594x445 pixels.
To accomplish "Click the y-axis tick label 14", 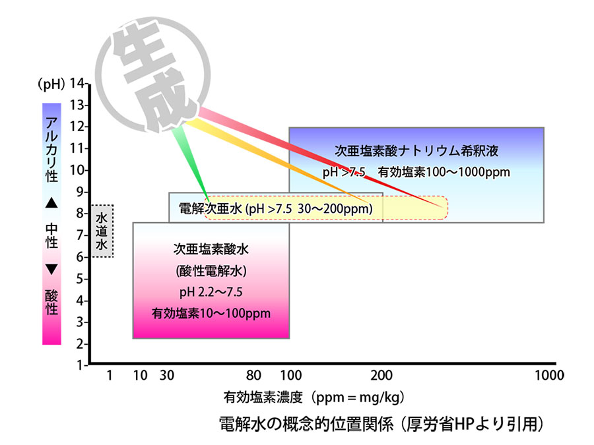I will pyautogui.click(x=79, y=84).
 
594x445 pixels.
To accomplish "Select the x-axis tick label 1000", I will pyautogui.click(x=548, y=376).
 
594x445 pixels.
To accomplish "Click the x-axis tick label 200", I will pyautogui.click(x=381, y=376).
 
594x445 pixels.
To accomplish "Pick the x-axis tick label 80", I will pyautogui.click(x=254, y=376).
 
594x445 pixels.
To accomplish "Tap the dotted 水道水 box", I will pyautogui.click(x=102, y=231).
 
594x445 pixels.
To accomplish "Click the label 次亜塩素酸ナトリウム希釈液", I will pyautogui.click(x=416, y=150).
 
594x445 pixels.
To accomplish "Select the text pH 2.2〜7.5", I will pyautogui.click(x=211, y=291).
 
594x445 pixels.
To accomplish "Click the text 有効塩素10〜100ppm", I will pyautogui.click(x=211, y=313).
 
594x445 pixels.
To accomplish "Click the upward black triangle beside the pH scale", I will pyautogui.click(x=51, y=204).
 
